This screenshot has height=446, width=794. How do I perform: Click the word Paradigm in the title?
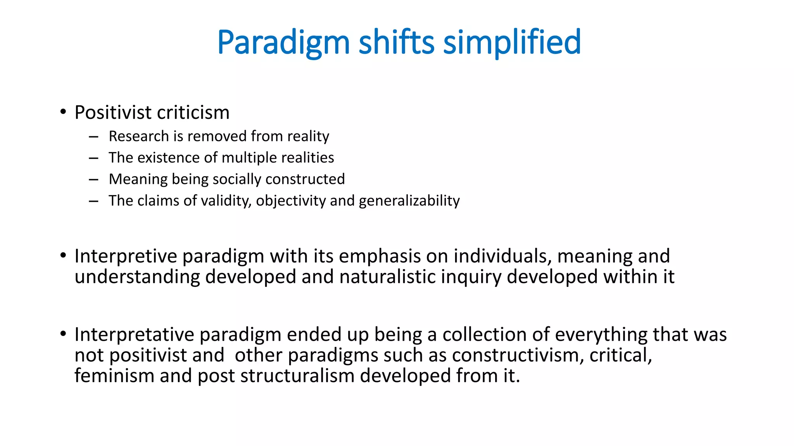tap(283, 43)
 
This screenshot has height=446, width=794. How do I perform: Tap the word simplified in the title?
tap(512, 43)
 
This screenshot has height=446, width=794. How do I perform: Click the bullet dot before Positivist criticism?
tap(63, 112)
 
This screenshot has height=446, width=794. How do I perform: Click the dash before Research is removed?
tap(93, 137)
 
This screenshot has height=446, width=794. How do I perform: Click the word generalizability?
tap(409, 201)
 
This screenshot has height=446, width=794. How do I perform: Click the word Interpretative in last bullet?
tap(134, 334)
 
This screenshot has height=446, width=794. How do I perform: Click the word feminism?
tap(114, 376)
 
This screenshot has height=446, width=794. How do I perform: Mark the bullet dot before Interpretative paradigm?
tap(63, 334)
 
